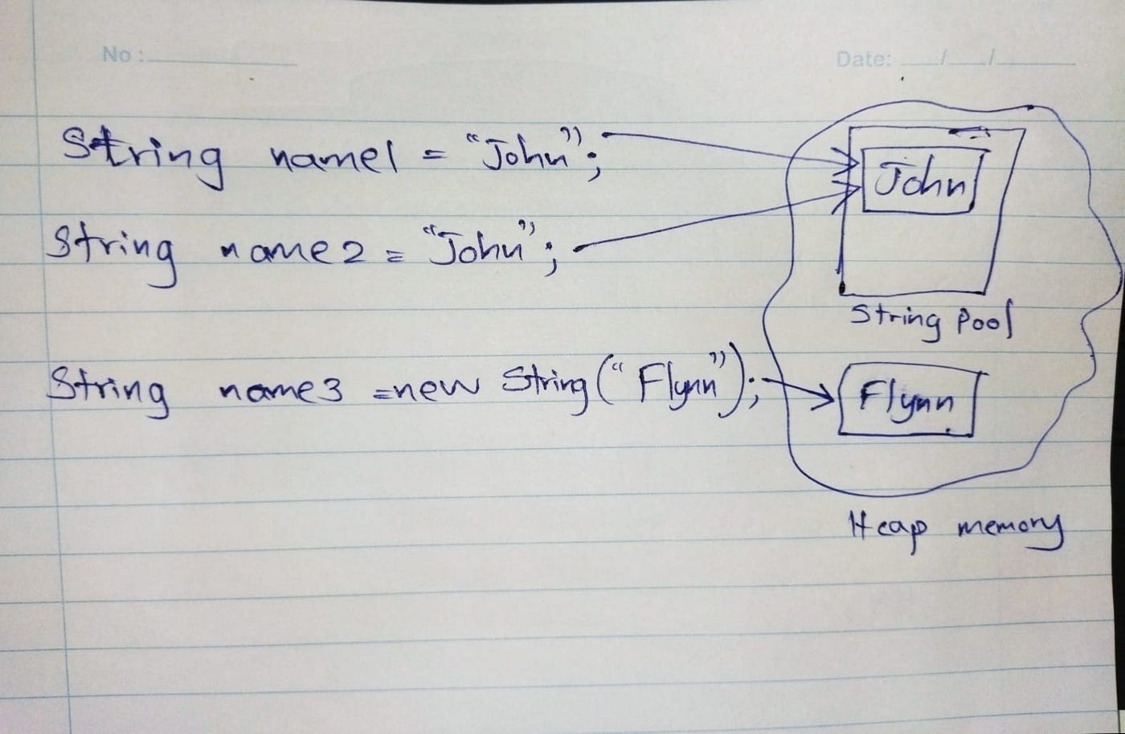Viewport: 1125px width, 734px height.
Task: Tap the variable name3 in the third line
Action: pyautogui.click(x=280, y=391)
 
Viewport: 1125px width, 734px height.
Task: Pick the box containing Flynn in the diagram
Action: pyautogui.click(x=908, y=401)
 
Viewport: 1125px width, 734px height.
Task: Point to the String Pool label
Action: pyautogui.click(x=931, y=320)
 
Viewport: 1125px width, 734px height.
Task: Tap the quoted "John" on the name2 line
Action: pyautogui.click(x=481, y=246)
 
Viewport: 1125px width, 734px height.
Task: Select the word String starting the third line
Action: pyautogui.click(x=108, y=387)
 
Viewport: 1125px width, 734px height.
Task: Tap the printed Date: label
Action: pyautogui.click(x=863, y=59)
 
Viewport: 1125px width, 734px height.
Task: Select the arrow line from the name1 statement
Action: pyautogui.click(x=723, y=145)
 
